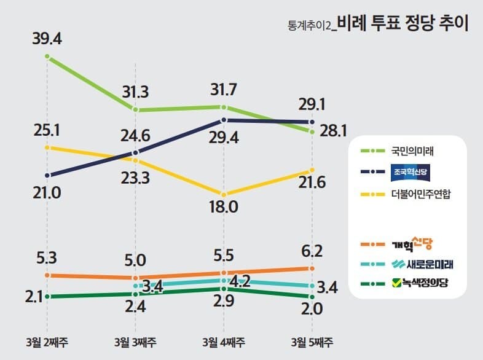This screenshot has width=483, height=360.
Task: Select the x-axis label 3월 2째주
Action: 47,342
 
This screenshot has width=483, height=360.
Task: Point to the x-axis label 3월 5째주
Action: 312,342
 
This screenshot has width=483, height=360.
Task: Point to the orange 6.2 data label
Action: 312,252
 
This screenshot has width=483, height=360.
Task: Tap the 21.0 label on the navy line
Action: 47,193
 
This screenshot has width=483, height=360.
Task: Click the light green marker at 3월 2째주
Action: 47,57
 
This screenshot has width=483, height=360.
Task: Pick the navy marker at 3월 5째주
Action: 312,122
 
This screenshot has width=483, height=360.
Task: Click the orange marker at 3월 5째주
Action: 312,268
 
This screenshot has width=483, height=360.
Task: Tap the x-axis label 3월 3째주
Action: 135,342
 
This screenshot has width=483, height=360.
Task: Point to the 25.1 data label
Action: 47,130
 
